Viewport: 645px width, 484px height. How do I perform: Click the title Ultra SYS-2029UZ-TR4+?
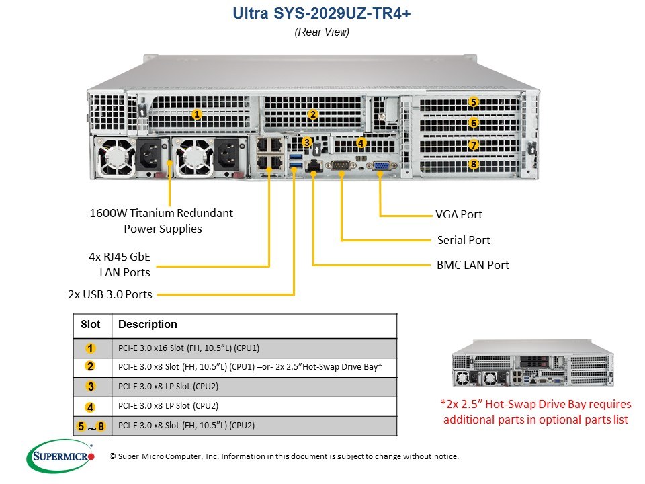(x=322, y=13)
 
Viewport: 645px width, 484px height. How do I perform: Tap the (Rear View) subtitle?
(x=322, y=32)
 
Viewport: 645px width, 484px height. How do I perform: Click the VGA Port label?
(x=459, y=214)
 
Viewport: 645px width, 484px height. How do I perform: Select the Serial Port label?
(x=464, y=240)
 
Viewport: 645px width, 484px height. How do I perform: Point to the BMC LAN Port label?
(x=472, y=265)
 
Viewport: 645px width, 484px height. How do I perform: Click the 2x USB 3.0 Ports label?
(x=110, y=294)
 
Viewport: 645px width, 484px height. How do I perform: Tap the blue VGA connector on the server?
(x=382, y=165)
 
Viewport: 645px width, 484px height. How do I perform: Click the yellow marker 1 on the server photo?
(x=197, y=114)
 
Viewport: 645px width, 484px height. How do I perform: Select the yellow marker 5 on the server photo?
(x=474, y=102)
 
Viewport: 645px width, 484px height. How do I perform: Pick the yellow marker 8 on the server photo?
(x=474, y=164)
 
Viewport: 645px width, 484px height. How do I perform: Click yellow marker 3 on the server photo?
(x=307, y=143)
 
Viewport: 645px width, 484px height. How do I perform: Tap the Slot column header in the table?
(x=91, y=324)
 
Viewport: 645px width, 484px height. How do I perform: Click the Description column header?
(x=148, y=324)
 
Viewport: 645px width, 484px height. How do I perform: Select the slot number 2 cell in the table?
(x=90, y=366)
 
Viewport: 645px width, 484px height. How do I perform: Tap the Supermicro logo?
(x=60, y=456)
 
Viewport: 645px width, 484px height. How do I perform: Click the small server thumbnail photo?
(x=533, y=363)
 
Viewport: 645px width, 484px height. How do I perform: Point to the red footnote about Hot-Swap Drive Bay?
(x=535, y=411)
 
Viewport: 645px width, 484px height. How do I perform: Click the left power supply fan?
(x=116, y=157)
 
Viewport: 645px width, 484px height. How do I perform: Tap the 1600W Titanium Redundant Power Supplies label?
(x=161, y=220)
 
